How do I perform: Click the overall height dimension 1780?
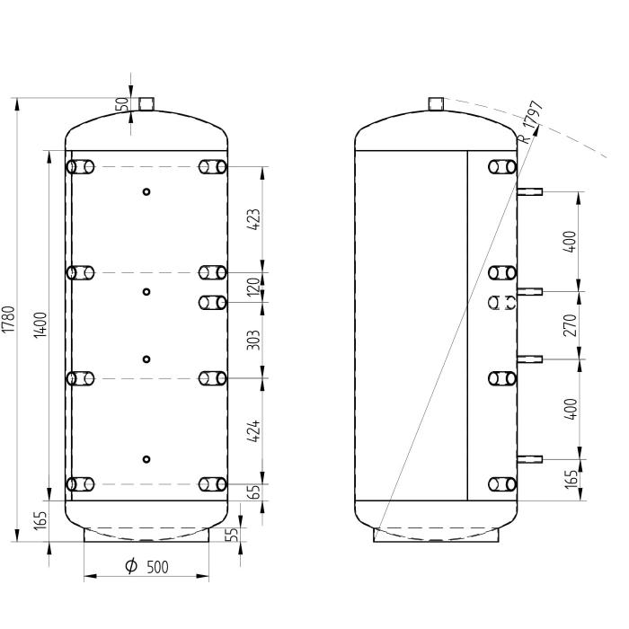8,319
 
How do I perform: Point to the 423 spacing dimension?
254,220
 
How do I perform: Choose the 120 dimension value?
254,287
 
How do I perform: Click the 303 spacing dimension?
254,339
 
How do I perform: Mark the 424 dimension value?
254,431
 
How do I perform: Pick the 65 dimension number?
254,492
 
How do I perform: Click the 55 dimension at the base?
233,535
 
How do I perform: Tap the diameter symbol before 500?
131,568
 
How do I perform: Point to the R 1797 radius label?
531,121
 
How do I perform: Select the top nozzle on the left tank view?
146,103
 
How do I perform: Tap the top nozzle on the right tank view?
436,103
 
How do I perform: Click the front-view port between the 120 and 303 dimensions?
212,303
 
